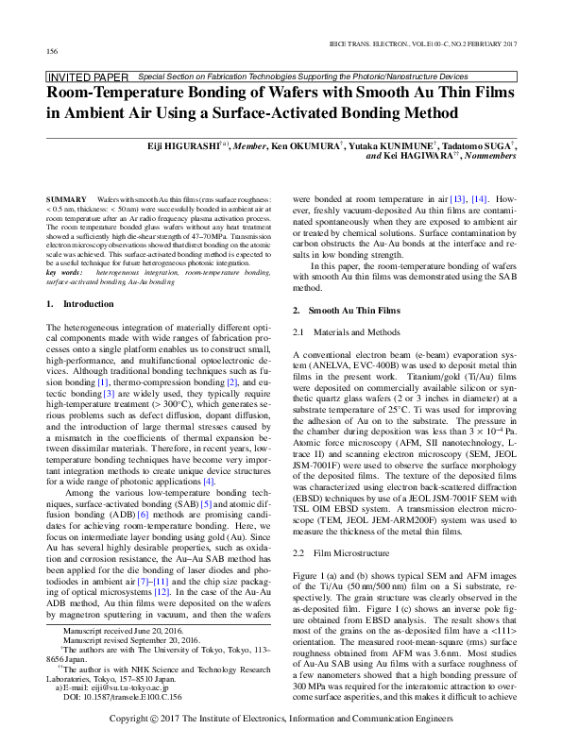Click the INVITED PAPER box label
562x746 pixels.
click(87, 76)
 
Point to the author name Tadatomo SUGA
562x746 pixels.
click(481, 146)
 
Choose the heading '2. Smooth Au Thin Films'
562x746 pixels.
click(346, 310)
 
